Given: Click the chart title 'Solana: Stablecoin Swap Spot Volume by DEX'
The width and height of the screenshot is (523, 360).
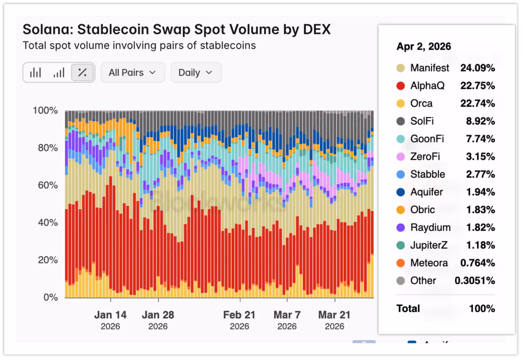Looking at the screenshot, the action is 177,30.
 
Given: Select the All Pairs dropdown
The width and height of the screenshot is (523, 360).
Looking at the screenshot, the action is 133,72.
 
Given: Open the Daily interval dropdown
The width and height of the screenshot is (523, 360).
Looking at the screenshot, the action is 196,72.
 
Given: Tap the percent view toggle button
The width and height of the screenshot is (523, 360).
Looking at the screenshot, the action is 82,72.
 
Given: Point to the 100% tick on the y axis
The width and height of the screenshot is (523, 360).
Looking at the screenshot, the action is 45,110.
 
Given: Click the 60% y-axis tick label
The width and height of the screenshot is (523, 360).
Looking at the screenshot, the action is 48,185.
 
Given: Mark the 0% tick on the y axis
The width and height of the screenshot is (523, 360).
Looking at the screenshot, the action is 51,297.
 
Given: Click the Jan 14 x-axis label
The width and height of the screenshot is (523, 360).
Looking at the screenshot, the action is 110,315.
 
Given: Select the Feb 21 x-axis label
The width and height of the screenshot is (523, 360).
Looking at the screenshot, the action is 239,315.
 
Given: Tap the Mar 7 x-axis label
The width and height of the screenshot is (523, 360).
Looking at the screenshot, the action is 287,315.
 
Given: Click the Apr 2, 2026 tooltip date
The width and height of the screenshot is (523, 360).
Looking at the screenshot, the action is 424,47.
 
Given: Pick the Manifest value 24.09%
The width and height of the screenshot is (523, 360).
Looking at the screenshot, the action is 478,68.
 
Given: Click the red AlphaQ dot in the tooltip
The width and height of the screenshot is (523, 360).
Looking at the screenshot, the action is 401,86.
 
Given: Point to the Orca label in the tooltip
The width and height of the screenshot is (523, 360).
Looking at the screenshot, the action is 421,103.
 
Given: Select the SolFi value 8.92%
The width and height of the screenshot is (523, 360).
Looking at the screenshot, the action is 480,121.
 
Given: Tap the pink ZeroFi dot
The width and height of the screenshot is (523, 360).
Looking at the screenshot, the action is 401,156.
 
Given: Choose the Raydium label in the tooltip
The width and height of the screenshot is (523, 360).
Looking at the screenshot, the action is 431,228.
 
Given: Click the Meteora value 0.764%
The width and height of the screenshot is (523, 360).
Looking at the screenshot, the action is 478,263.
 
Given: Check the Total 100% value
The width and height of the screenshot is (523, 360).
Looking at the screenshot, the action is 482,309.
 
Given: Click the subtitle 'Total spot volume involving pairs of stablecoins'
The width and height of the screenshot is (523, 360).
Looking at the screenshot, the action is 139,45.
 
